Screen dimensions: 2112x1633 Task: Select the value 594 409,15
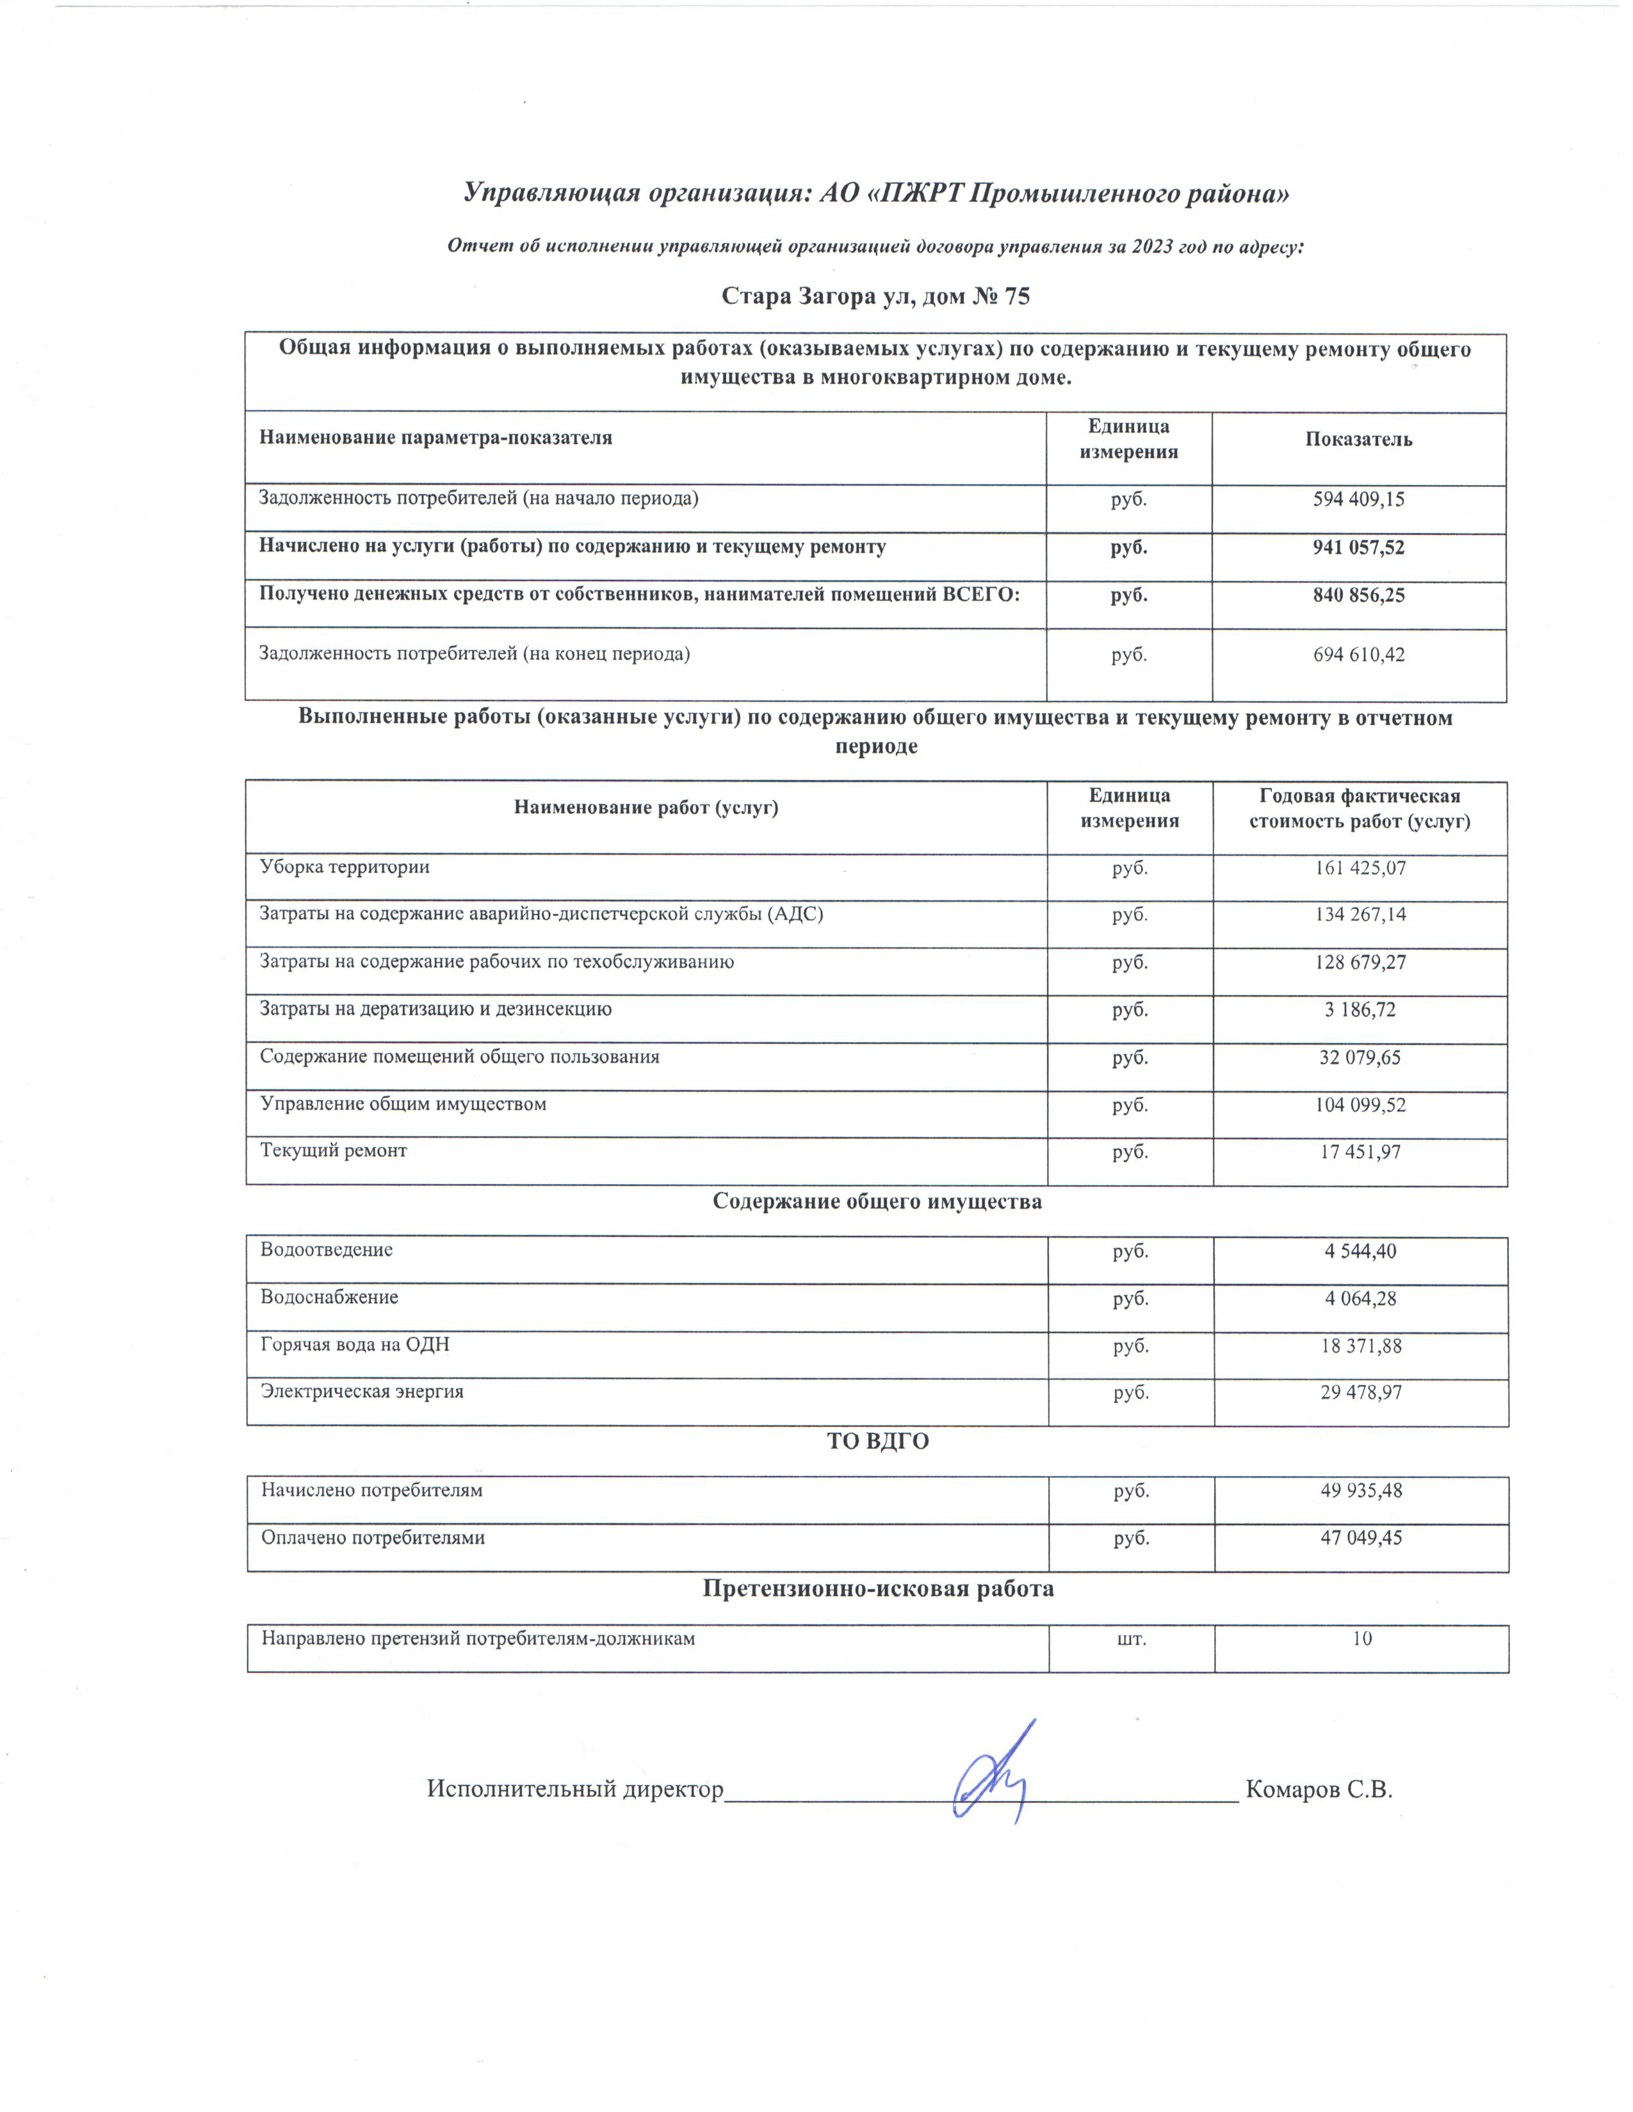[1358, 500]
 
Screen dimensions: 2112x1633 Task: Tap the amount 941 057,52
[1358, 547]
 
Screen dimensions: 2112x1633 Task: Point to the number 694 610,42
[1358, 655]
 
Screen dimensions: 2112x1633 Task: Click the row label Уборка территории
[345, 867]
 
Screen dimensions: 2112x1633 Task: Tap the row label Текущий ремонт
[334, 1151]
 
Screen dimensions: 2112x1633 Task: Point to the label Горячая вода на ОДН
[355, 1344]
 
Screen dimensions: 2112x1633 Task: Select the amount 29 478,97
[1360, 1393]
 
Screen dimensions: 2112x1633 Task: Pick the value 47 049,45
[1360, 1537]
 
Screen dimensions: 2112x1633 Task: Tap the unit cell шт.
[1131, 1639]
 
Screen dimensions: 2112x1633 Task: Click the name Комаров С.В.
[1319, 1789]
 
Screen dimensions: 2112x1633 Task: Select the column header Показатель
[1358, 439]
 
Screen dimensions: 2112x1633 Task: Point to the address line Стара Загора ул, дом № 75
[875, 296]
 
